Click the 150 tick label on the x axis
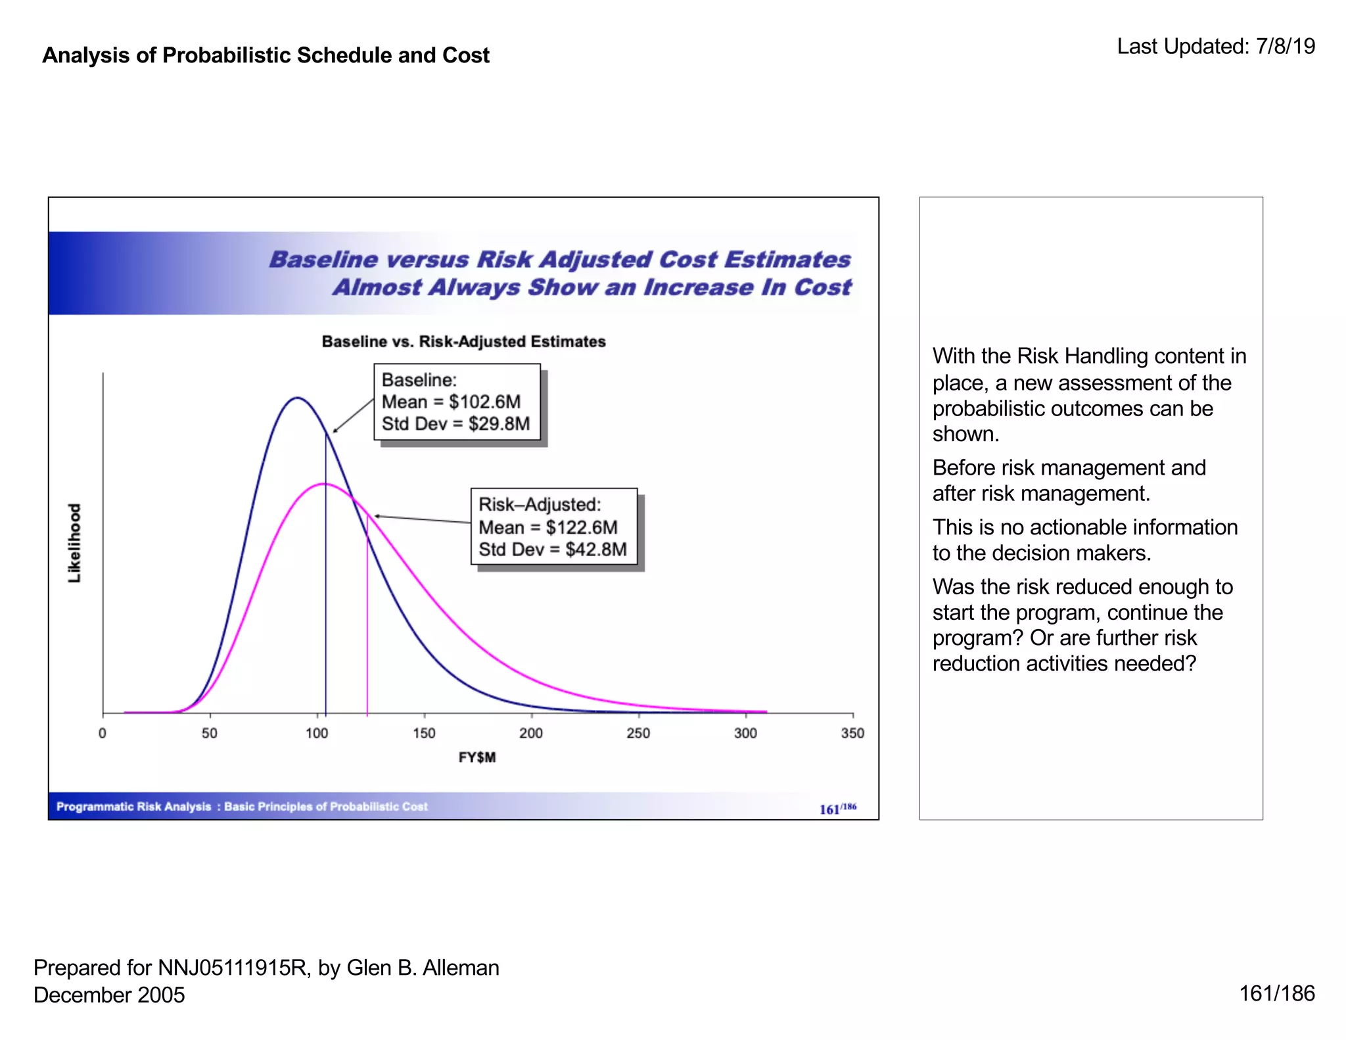point(424,733)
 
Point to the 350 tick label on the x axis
point(852,733)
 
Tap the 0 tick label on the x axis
point(103,733)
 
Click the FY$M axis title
point(477,757)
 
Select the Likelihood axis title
point(75,543)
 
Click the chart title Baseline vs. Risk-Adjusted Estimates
point(463,342)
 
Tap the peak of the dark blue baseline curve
point(297,398)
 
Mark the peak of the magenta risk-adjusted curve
point(325,484)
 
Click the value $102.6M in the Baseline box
point(484,402)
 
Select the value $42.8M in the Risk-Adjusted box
point(595,550)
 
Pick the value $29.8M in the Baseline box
point(499,424)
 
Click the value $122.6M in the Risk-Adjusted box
point(581,527)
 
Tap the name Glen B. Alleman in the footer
point(423,968)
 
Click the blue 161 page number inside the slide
point(829,809)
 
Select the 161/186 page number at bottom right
point(1276,993)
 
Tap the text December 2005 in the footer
point(109,995)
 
